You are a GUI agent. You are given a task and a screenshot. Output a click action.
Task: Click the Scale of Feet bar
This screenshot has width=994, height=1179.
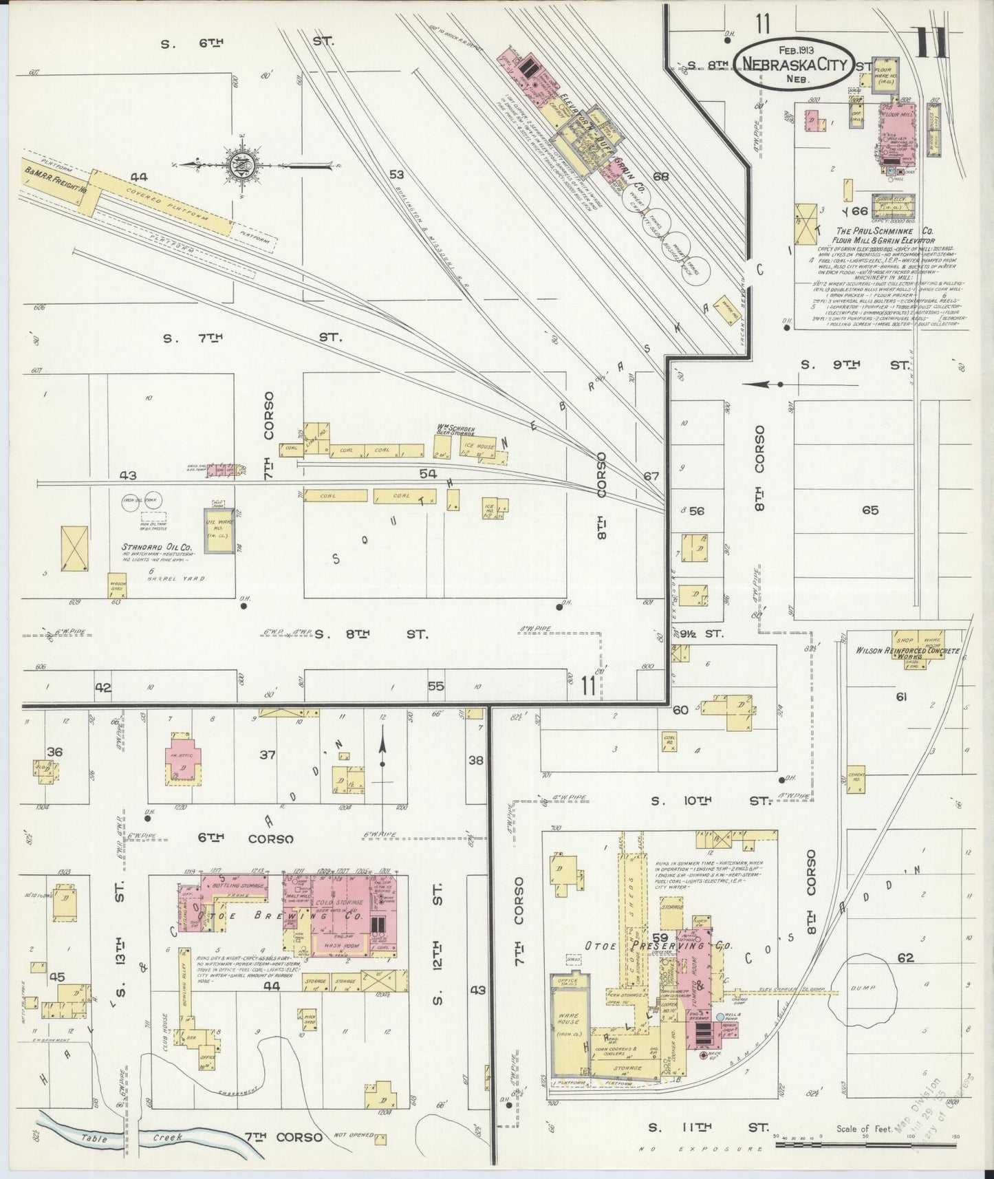(x=867, y=1147)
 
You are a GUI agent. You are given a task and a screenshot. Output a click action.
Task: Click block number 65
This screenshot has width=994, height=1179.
(x=870, y=510)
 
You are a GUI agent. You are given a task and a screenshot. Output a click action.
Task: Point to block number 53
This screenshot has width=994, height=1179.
(x=396, y=175)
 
